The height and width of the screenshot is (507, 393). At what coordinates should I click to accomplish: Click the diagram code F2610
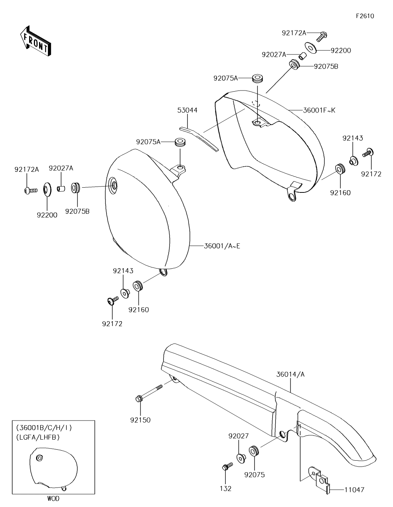coord(365,16)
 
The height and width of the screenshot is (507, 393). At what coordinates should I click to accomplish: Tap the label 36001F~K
coord(319,110)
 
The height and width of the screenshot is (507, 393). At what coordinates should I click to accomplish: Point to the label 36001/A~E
coord(222,246)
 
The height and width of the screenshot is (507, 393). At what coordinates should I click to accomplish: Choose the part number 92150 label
coord(140,420)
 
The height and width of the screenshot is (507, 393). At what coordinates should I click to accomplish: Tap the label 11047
coord(354,490)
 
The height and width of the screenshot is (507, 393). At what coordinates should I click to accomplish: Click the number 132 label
coord(225,489)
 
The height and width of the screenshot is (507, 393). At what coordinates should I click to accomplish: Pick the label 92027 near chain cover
coord(238,436)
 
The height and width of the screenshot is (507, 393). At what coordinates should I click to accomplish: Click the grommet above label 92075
coord(253,451)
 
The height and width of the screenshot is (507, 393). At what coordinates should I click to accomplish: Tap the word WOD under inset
coord(53,499)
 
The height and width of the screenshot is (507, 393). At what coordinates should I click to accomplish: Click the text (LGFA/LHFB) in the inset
coord(38,437)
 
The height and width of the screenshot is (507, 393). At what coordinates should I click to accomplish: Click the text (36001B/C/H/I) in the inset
coord(44,428)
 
